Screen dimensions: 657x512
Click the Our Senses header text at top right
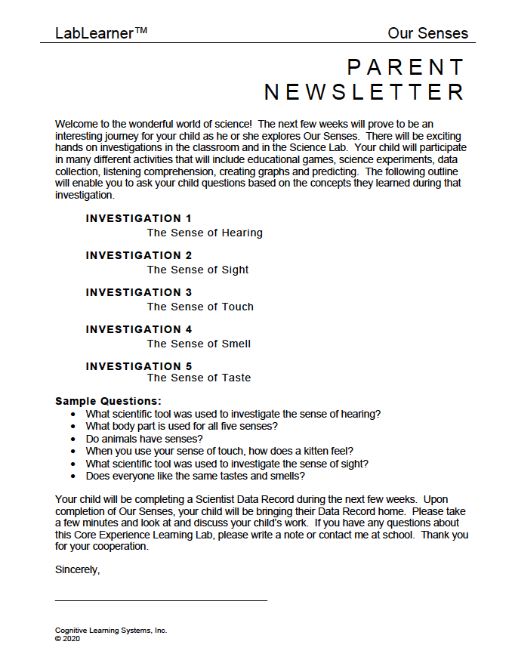click(427, 33)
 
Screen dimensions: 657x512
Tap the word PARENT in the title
click(406, 67)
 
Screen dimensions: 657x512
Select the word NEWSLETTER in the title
click(364, 92)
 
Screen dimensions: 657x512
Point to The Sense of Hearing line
click(205, 233)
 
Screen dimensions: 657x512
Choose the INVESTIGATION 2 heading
click(139, 255)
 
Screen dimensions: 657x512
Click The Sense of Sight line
click(198, 270)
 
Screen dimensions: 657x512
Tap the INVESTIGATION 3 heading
click(139, 292)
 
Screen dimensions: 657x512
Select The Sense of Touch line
click(200, 307)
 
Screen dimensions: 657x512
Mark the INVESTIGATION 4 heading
click(139, 329)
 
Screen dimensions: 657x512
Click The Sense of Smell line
click(199, 344)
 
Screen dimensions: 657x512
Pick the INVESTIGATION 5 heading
click(139, 366)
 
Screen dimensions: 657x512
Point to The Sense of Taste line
click(199, 378)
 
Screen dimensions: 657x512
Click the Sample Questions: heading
click(109, 401)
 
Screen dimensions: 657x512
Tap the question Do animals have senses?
click(144, 439)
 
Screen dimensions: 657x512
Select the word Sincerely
click(78, 569)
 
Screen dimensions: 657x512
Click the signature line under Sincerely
click(161, 600)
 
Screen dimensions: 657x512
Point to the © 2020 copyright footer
click(67, 638)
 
